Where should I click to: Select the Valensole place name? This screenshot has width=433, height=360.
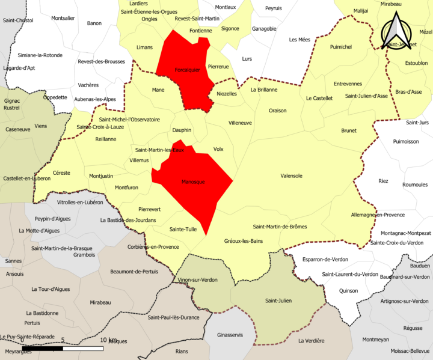click(x=291, y=175)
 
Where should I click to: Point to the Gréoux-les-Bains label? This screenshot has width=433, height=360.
click(x=243, y=241)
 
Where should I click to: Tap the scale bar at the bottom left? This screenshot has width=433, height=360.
click(x=63, y=348)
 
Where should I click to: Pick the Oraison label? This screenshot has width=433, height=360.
click(x=277, y=111)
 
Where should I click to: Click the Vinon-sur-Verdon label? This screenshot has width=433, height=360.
click(x=198, y=280)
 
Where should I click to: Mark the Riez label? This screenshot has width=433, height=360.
click(x=383, y=181)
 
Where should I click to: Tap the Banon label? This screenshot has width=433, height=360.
click(x=94, y=23)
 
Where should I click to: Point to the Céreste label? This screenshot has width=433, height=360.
click(x=61, y=172)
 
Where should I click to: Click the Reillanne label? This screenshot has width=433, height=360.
click(x=105, y=138)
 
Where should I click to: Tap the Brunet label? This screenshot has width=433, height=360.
click(x=349, y=130)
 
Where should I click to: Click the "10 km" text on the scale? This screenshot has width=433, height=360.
click(x=108, y=340)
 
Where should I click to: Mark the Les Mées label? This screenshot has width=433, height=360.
click(x=299, y=40)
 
